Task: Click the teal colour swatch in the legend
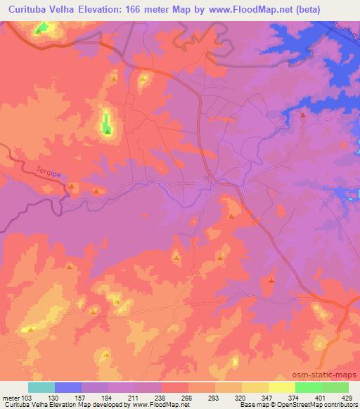[41, 387]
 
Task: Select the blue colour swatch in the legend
[68, 387]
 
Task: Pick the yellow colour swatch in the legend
[255, 387]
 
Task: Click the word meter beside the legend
[10, 398]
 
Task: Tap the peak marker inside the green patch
[107, 129]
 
